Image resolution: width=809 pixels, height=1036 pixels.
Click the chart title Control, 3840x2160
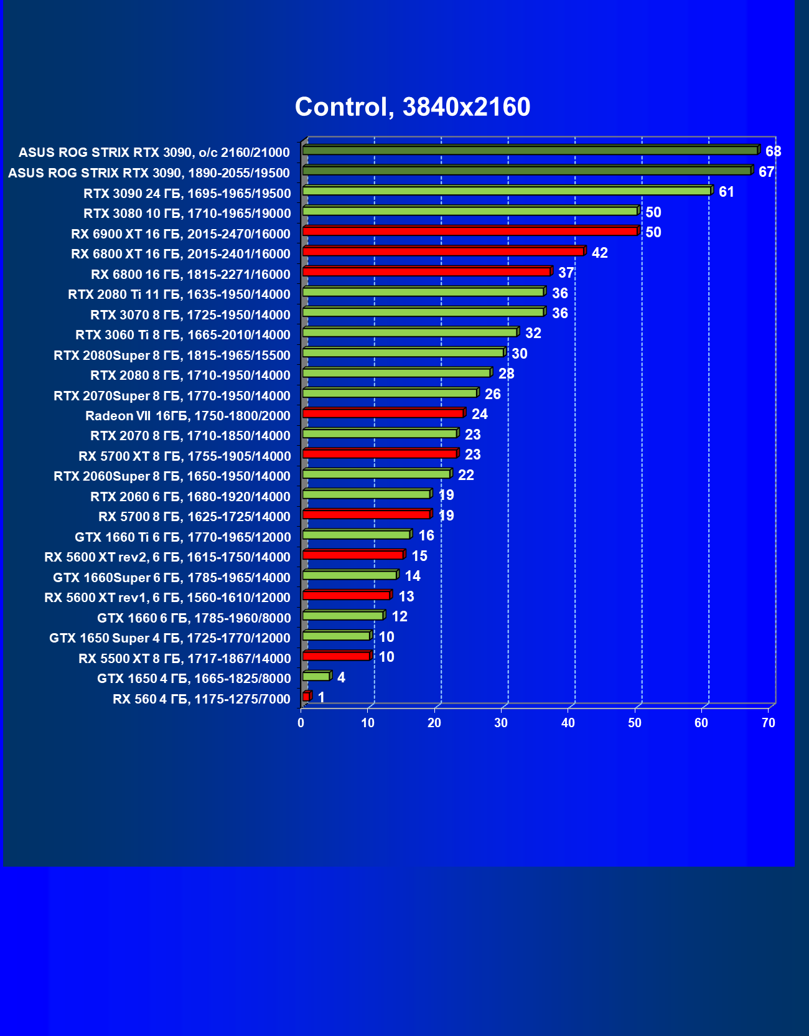(413, 107)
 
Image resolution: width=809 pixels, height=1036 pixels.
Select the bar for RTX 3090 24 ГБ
(507, 191)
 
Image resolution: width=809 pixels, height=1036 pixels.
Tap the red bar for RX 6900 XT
(470, 232)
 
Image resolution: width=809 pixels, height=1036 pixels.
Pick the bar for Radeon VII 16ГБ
(383, 413)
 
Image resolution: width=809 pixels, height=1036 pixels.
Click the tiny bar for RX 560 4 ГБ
(306, 697)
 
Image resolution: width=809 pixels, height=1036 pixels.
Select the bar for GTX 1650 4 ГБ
(316, 676)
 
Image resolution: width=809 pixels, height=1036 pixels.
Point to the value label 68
(774, 151)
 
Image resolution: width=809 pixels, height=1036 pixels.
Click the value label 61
(726, 192)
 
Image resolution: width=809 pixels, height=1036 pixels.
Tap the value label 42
(599, 253)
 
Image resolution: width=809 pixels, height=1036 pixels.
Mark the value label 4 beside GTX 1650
(341, 677)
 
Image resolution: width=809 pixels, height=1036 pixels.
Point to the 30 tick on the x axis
(501, 723)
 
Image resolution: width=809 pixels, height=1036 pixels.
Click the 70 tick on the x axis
(769, 723)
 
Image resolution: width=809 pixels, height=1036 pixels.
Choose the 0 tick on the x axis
(301, 723)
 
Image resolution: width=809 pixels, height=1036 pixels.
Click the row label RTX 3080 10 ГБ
(187, 214)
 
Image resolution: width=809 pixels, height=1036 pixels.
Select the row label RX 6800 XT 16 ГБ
(180, 254)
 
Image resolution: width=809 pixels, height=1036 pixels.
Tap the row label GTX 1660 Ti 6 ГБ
(182, 537)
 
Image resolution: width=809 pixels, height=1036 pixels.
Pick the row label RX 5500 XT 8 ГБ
(184, 659)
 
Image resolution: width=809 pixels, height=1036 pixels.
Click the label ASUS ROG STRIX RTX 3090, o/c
(154, 153)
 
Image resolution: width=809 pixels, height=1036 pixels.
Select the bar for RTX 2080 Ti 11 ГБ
(423, 292)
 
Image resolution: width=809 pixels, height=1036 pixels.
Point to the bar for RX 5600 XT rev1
(346, 595)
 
